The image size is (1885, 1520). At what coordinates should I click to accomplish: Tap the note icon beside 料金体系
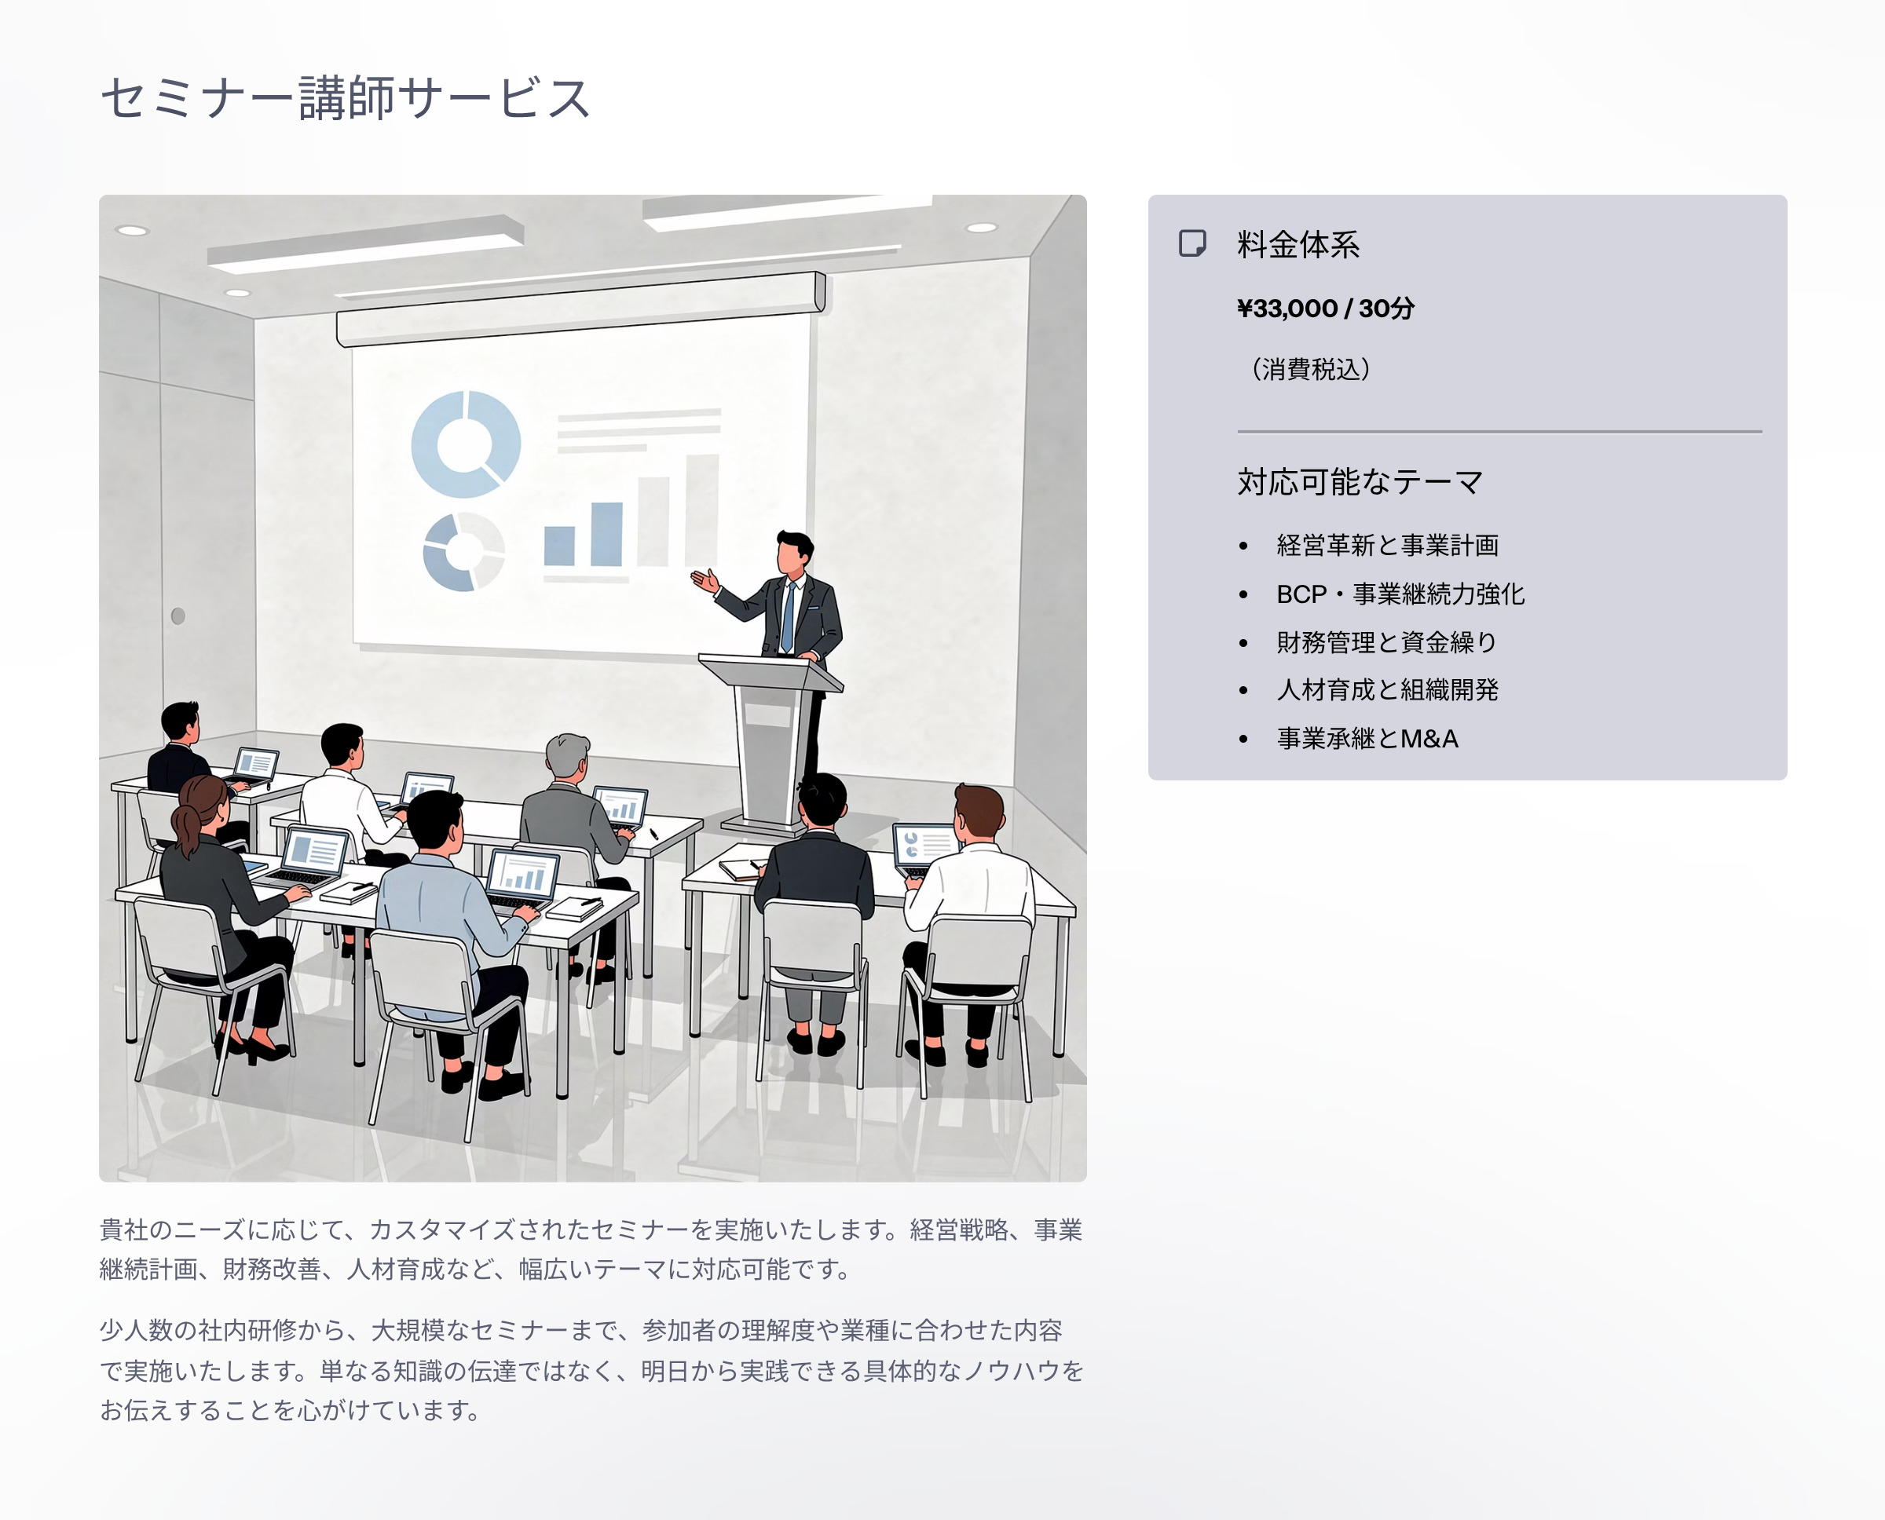click(1192, 243)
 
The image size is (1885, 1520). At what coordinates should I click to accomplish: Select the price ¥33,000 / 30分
click(1325, 309)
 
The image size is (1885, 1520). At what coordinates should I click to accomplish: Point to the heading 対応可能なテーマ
click(1360, 481)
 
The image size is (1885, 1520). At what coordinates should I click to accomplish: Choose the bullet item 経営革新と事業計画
click(1388, 546)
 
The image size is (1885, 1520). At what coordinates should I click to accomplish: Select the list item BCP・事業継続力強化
click(1400, 594)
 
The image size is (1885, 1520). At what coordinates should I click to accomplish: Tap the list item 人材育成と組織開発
click(1388, 690)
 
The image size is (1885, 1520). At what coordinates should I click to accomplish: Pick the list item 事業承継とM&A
click(1367, 738)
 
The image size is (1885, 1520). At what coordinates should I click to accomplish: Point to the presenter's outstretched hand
click(705, 579)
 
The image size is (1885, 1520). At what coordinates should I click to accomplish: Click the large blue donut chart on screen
click(466, 444)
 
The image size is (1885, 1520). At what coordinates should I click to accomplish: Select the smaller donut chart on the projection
click(463, 552)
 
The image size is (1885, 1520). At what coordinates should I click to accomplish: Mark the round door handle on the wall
click(178, 616)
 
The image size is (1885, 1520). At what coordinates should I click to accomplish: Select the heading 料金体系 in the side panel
click(1298, 244)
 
